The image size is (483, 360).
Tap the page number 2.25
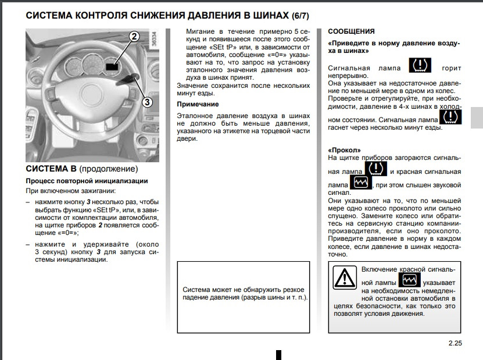455,343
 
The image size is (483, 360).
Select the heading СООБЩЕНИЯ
351,31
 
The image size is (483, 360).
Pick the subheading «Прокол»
341,149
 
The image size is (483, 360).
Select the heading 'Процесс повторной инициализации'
87,181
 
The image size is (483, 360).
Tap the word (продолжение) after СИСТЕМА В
109,169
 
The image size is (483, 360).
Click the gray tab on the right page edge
477,117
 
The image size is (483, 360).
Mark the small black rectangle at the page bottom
278,355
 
